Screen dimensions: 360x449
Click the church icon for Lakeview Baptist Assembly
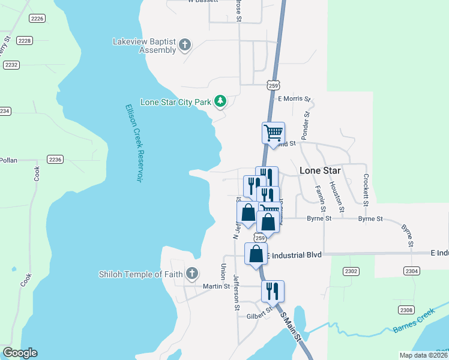pyautogui.click(x=185, y=45)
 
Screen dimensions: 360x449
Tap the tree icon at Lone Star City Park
pyautogui.click(x=220, y=101)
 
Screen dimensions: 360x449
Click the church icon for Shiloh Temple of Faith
pyautogui.click(x=191, y=274)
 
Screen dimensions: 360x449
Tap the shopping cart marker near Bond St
pyautogui.click(x=273, y=133)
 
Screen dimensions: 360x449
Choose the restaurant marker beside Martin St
pyautogui.click(x=273, y=291)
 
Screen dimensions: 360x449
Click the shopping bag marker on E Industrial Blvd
pyautogui.click(x=256, y=253)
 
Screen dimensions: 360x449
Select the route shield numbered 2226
pyautogui.click(x=37, y=19)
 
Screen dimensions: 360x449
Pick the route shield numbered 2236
pyautogui.click(x=55, y=160)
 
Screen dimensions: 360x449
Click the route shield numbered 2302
pyautogui.click(x=352, y=272)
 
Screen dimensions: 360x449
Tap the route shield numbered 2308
pyautogui.click(x=406, y=310)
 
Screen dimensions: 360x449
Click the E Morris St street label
pyautogui.click(x=294, y=99)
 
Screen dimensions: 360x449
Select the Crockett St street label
pyautogui.click(x=365, y=188)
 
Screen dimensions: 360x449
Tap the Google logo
pyautogui.click(x=20, y=353)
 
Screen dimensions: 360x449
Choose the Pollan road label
pyautogui.click(x=9, y=160)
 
